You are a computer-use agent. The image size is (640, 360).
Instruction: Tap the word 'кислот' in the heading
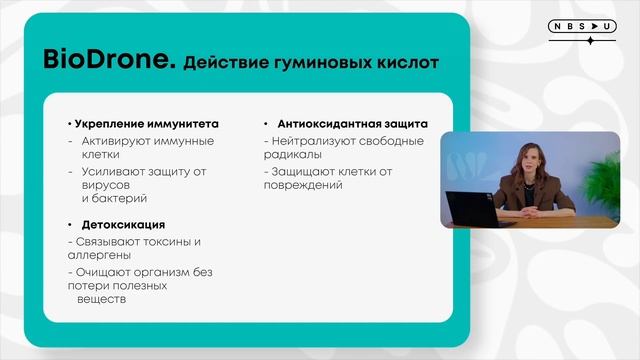click(405, 62)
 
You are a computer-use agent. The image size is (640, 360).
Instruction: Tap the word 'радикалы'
click(293, 155)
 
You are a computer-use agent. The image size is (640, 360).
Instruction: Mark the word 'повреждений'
click(300, 186)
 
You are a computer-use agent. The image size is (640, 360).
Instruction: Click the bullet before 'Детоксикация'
click(70, 224)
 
